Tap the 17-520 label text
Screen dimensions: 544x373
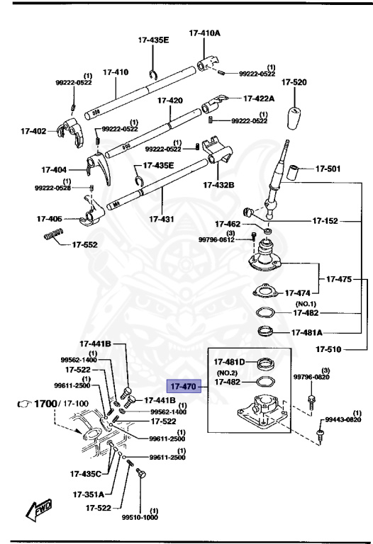(x=294, y=83)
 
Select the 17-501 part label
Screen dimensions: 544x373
(x=328, y=169)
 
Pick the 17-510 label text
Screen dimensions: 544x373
(x=329, y=348)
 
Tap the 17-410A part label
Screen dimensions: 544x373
(x=204, y=33)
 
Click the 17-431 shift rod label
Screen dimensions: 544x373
(x=162, y=220)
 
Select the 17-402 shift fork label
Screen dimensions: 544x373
(x=33, y=131)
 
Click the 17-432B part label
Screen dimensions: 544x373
(x=218, y=185)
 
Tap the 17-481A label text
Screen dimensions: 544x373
(x=306, y=331)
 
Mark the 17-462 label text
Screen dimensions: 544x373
(x=226, y=224)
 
